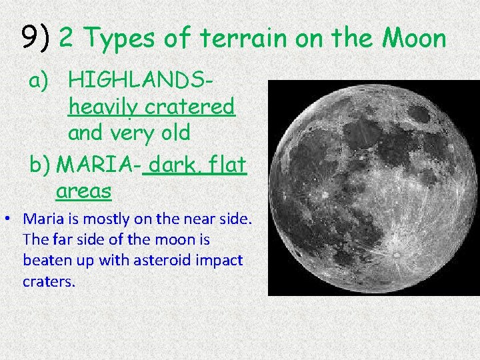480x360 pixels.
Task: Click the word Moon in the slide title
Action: coord(413,39)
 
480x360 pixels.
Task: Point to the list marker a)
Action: coord(39,81)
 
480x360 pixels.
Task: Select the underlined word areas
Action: coord(84,191)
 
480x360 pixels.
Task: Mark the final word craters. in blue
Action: coord(49,281)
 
